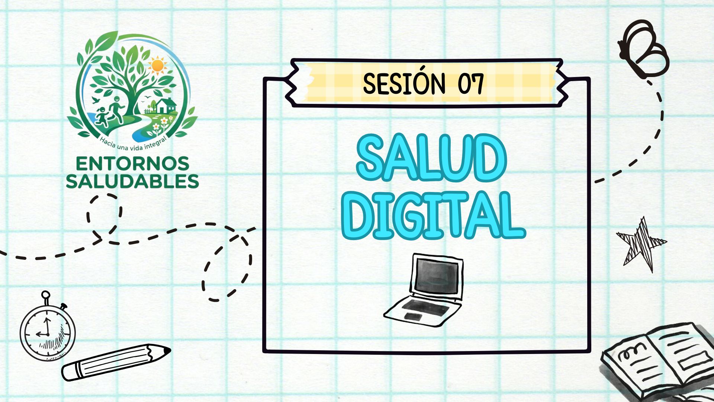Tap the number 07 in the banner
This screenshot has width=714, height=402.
[471, 83]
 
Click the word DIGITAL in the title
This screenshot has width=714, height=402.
[434, 215]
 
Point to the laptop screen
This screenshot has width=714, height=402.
[437, 276]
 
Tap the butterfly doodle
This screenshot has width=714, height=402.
[643, 48]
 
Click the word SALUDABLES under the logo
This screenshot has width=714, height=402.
[132, 181]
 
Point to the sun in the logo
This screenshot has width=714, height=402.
[158, 66]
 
